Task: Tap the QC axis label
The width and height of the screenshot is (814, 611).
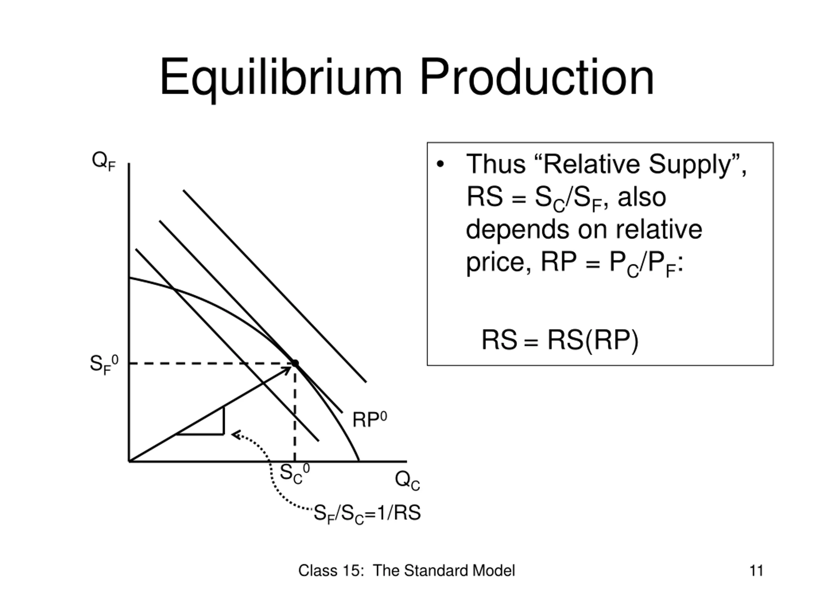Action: [407, 481]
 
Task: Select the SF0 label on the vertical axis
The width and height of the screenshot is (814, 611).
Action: [104, 364]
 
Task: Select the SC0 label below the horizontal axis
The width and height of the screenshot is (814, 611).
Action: [294, 474]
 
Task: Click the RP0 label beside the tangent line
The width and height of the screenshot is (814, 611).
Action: [369, 420]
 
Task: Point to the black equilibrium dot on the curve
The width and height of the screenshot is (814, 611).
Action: [295, 363]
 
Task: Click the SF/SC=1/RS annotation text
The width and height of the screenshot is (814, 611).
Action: [367, 513]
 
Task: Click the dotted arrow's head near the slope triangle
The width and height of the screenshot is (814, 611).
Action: [234, 435]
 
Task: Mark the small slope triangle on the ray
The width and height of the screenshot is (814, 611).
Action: [210, 425]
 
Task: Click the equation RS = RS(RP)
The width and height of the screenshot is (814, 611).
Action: [560, 340]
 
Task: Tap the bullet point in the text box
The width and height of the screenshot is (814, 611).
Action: [440, 164]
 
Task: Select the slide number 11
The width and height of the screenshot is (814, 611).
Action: [756, 571]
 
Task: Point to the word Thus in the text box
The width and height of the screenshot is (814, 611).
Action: [496, 164]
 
